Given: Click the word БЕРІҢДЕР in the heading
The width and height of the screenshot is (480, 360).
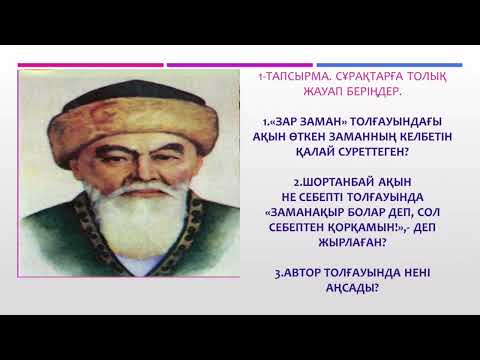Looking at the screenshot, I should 355,91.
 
